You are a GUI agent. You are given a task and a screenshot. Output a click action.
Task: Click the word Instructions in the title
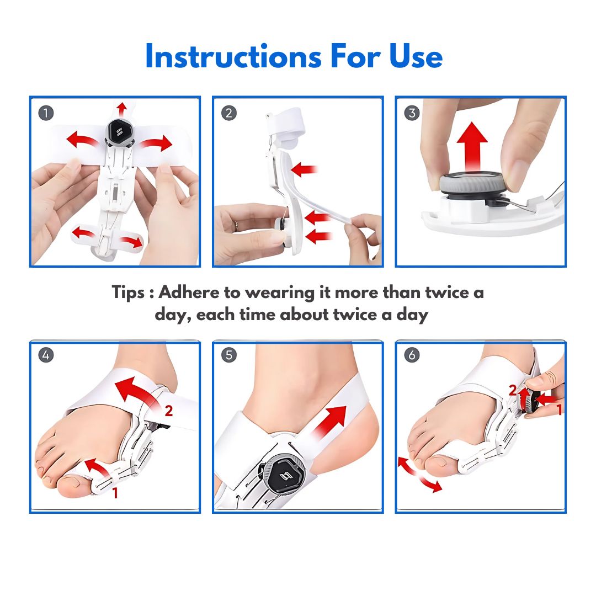(x=233, y=56)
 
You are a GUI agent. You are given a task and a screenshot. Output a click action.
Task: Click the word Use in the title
(x=416, y=56)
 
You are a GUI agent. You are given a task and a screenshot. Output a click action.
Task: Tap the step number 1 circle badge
(x=46, y=113)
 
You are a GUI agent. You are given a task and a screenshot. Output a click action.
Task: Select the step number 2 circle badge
(x=229, y=113)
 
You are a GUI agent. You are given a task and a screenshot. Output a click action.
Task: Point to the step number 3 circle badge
(x=412, y=113)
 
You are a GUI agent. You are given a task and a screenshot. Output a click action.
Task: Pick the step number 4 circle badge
(x=46, y=355)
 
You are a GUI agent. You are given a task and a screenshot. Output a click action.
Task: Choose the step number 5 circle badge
(x=229, y=355)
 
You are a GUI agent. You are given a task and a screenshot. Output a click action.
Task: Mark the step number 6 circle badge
(x=412, y=355)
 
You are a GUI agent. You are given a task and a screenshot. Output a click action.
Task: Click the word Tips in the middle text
(x=128, y=293)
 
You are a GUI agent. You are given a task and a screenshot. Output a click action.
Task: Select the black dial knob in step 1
(x=119, y=132)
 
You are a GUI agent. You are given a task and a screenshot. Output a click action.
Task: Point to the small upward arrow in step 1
(x=121, y=109)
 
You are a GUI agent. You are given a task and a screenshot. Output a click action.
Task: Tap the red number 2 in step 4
(x=168, y=411)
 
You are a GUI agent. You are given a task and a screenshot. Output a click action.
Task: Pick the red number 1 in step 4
(x=115, y=493)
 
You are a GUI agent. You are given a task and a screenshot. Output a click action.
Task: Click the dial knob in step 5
(x=282, y=475)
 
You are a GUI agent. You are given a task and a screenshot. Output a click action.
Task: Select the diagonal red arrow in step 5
(x=329, y=424)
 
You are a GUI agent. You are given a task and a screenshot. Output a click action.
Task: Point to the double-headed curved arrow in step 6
(x=419, y=475)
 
